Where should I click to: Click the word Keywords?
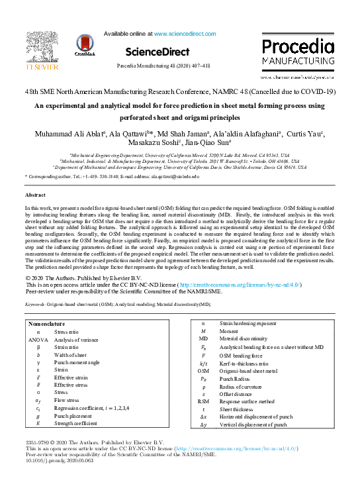coord(35,304)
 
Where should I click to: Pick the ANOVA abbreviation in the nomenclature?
coord(38,339)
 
